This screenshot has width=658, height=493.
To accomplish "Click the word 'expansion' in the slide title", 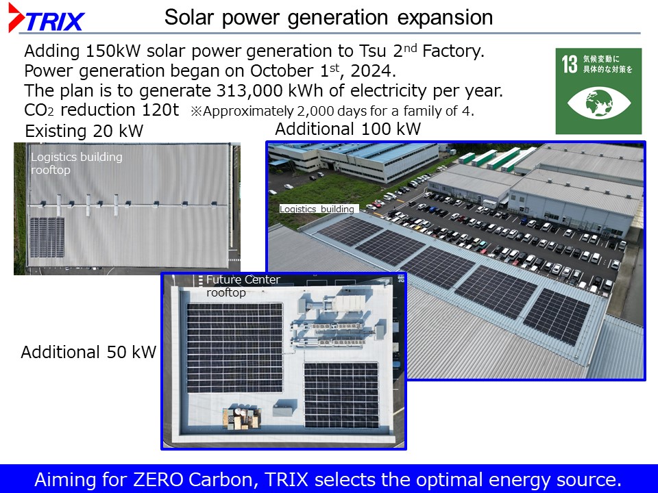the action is [445, 18].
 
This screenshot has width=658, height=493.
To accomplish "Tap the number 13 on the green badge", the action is [570, 64].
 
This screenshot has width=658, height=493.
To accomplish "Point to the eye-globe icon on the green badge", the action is [599, 102].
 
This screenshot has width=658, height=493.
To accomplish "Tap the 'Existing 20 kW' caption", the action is [84, 131].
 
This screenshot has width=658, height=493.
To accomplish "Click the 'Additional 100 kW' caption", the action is [348, 129].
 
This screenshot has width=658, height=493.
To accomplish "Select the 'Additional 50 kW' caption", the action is [88, 352].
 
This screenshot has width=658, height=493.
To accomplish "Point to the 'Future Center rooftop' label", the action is [243, 286].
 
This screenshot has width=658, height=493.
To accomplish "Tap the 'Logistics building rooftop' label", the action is [76, 163].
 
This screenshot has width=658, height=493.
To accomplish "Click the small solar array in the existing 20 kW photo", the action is [47, 238].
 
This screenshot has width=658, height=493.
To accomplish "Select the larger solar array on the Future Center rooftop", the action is [234, 348].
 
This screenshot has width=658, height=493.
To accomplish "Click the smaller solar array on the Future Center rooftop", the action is [341, 395].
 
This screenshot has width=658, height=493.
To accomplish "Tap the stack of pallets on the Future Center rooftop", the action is [241, 418].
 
